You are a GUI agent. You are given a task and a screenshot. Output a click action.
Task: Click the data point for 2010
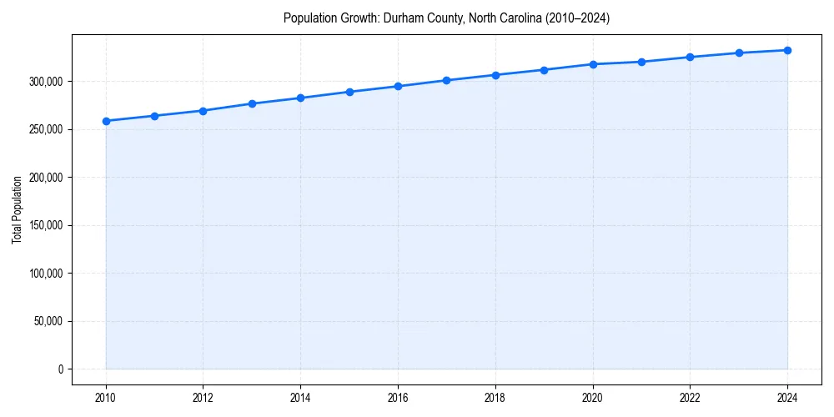(106, 121)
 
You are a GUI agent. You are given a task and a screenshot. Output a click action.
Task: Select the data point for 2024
(787, 50)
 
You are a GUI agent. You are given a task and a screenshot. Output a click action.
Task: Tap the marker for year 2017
(446, 80)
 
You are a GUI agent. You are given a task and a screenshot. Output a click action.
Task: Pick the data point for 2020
(593, 64)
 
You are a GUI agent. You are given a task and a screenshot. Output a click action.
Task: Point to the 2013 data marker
(252, 103)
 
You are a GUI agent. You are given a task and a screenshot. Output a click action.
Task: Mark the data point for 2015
(349, 92)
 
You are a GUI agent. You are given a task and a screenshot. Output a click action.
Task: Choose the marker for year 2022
(690, 57)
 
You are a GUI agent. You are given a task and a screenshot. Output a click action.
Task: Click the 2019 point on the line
(544, 70)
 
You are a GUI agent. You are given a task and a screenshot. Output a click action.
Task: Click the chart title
(446, 18)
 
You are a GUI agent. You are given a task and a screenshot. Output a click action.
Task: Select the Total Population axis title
(17, 209)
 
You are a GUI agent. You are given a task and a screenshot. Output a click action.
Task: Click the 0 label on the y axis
(60, 369)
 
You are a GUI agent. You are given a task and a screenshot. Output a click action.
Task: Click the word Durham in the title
(401, 18)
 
